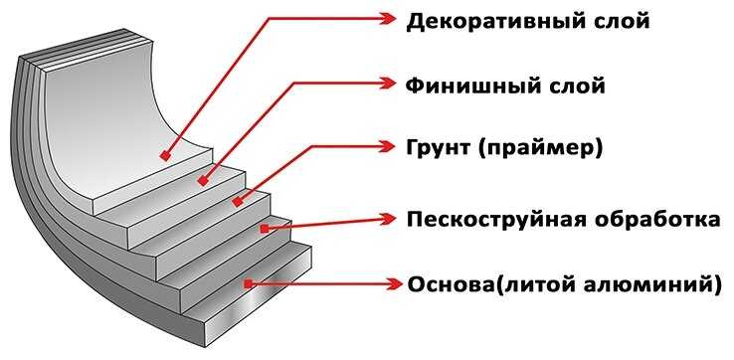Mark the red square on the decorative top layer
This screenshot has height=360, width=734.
[164, 156]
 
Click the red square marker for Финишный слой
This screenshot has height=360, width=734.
[202, 181]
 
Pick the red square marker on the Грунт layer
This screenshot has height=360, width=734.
[237, 203]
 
